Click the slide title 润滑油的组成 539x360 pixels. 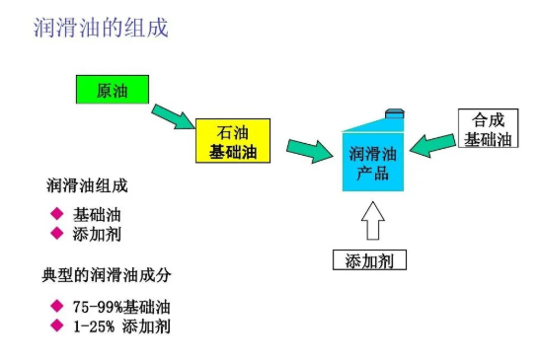[101, 28]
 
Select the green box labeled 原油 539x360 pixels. [112, 90]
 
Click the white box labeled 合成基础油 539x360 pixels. [489, 129]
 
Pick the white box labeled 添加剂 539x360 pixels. [368, 260]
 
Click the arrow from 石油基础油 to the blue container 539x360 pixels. [309, 151]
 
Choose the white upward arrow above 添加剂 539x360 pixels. [371, 220]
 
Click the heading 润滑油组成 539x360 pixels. [88, 185]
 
